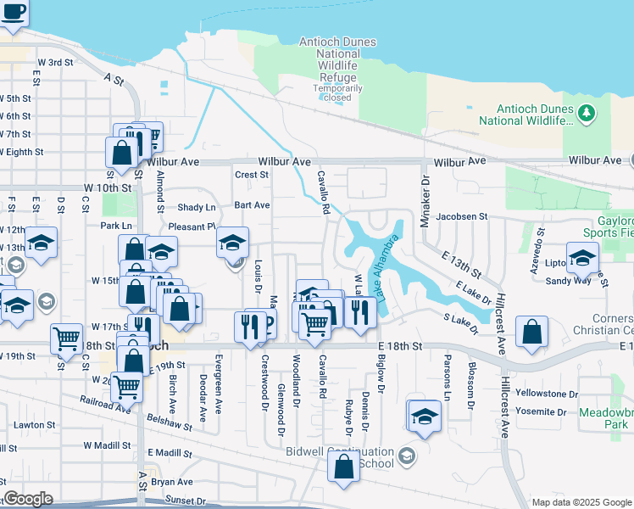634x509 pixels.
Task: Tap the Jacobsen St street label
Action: [461, 216]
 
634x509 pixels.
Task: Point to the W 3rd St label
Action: [55, 62]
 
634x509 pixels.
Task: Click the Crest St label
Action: [252, 175]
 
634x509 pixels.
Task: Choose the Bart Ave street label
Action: [252, 205]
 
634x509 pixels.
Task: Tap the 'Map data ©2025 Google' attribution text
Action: [581, 502]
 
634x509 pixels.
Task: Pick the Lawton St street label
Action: [34, 425]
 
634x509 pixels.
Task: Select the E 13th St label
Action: [461, 264]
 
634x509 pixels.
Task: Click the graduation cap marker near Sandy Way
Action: [582, 258]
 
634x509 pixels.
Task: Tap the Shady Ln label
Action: [196, 208]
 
